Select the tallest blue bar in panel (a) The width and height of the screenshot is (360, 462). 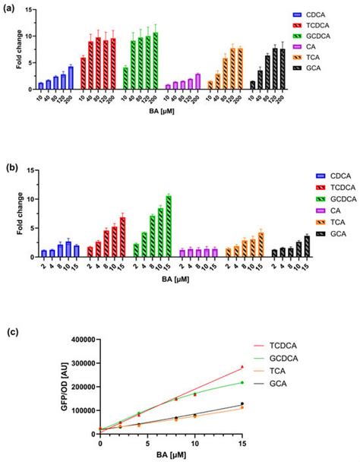[71, 78]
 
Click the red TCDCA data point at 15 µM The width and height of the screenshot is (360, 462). [242, 367]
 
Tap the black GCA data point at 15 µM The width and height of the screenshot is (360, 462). [242, 403]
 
